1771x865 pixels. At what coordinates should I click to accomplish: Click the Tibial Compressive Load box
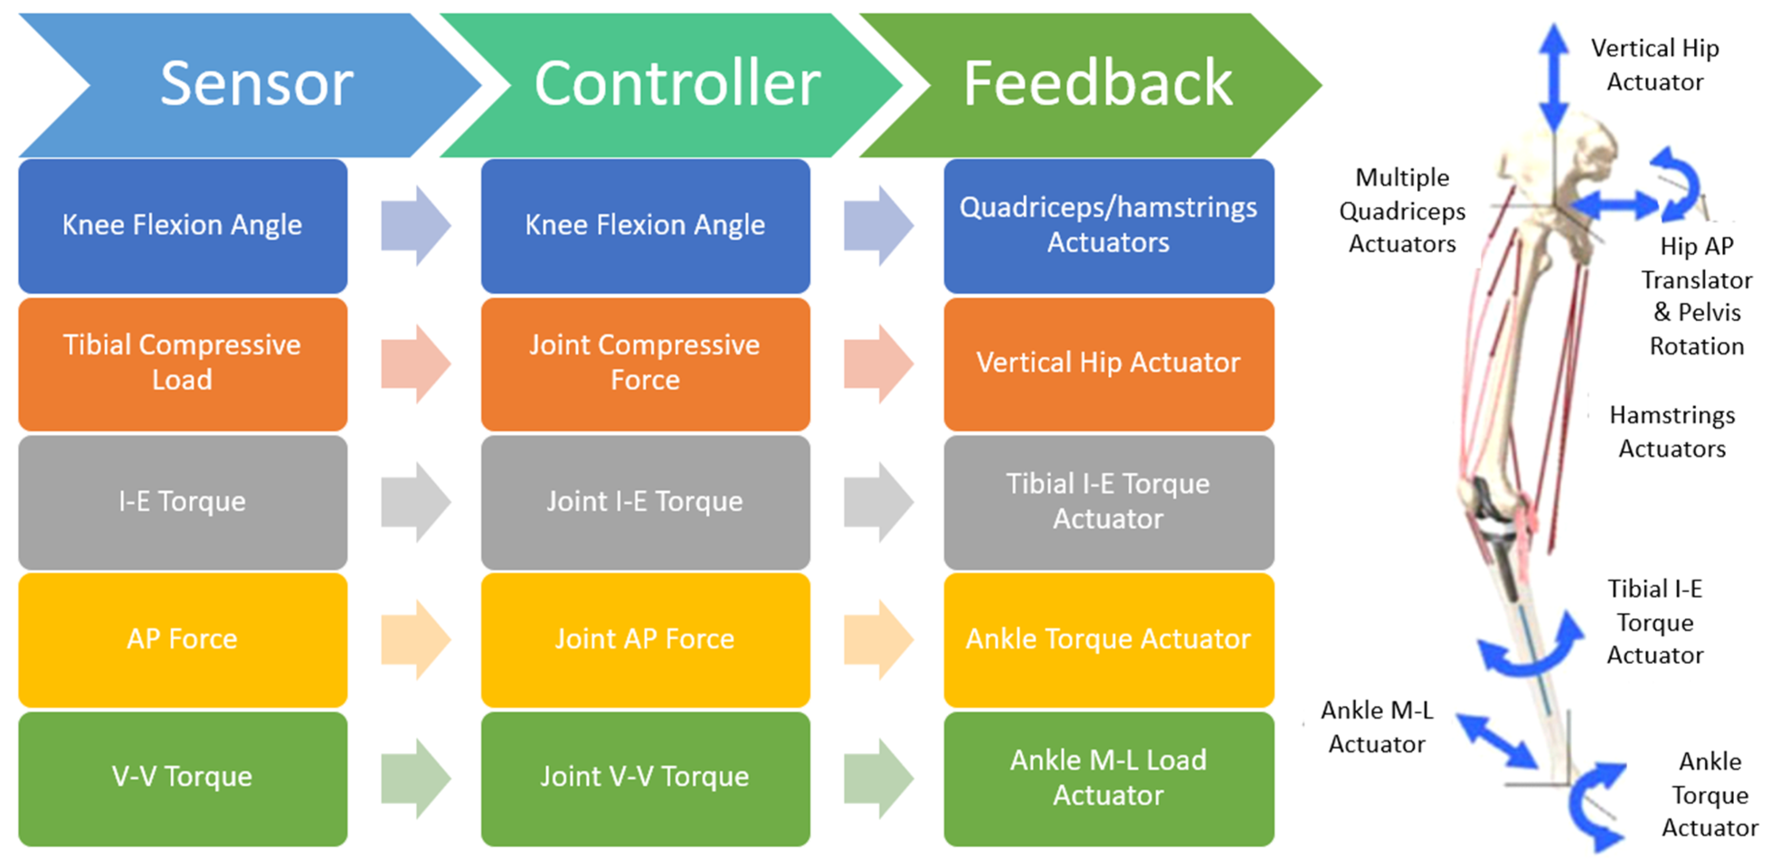(x=182, y=363)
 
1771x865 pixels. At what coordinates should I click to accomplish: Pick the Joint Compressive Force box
(x=645, y=363)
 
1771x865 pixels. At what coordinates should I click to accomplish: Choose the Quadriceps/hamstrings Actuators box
(x=1108, y=226)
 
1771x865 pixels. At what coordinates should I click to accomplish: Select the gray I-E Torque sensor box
(x=182, y=502)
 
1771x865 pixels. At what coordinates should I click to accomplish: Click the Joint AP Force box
(x=645, y=639)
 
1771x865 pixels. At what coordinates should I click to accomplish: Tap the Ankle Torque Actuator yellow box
(x=1108, y=639)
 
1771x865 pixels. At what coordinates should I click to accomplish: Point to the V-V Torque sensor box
(x=182, y=777)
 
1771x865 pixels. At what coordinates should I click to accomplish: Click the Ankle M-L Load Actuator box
(x=1108, y=777)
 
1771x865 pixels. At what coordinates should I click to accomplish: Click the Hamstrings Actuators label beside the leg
(x=1672, y=432)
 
